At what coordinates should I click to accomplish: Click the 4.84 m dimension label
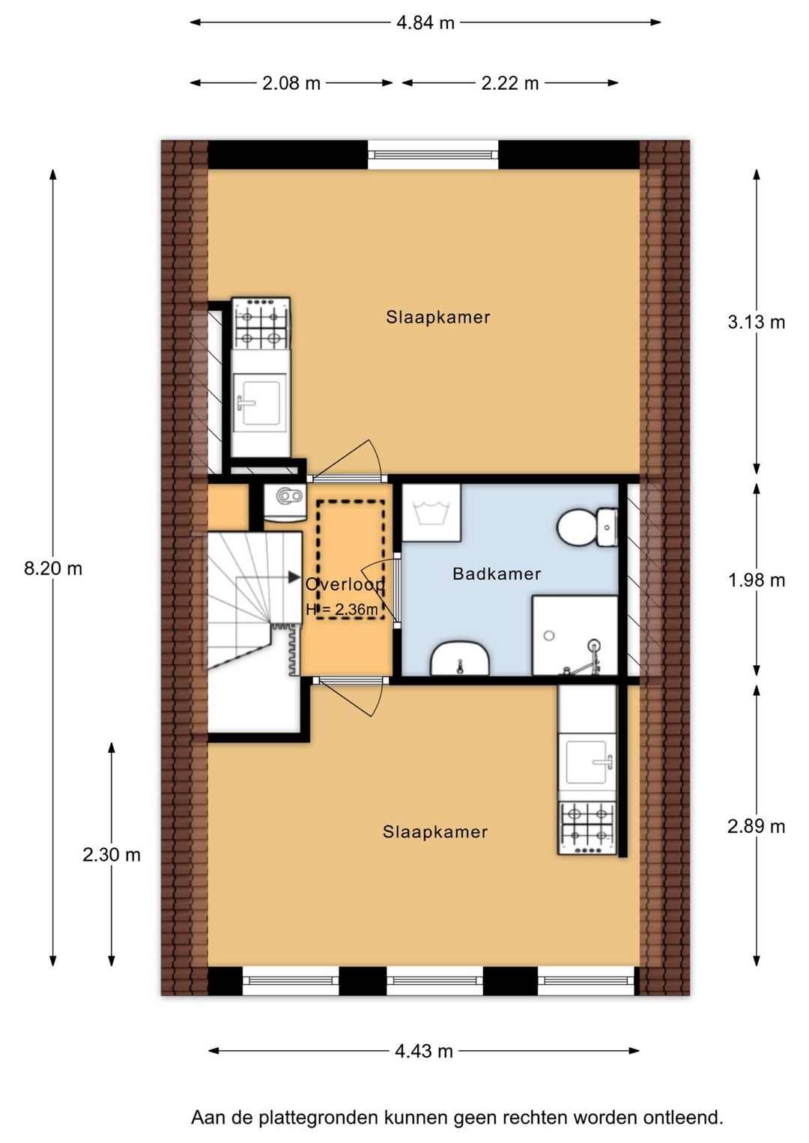425,23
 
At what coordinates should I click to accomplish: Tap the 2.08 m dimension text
291,83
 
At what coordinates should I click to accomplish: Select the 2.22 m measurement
510,83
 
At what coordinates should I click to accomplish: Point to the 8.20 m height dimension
53,569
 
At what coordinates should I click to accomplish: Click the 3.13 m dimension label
756,323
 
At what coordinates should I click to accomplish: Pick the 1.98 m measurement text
756,580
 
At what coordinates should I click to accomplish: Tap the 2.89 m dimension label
756,826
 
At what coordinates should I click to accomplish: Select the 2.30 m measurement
112,855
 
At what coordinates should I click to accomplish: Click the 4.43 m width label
424,1051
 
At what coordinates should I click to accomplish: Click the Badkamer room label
497,574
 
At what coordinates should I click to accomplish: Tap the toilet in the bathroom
587,527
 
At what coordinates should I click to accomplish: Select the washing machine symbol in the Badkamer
431,512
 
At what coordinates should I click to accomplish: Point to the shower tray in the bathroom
575,635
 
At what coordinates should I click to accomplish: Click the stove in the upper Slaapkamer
261,324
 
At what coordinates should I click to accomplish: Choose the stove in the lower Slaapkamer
587,828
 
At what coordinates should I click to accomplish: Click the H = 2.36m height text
342,609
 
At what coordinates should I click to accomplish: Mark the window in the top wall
433,154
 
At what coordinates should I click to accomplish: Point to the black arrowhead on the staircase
294,577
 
